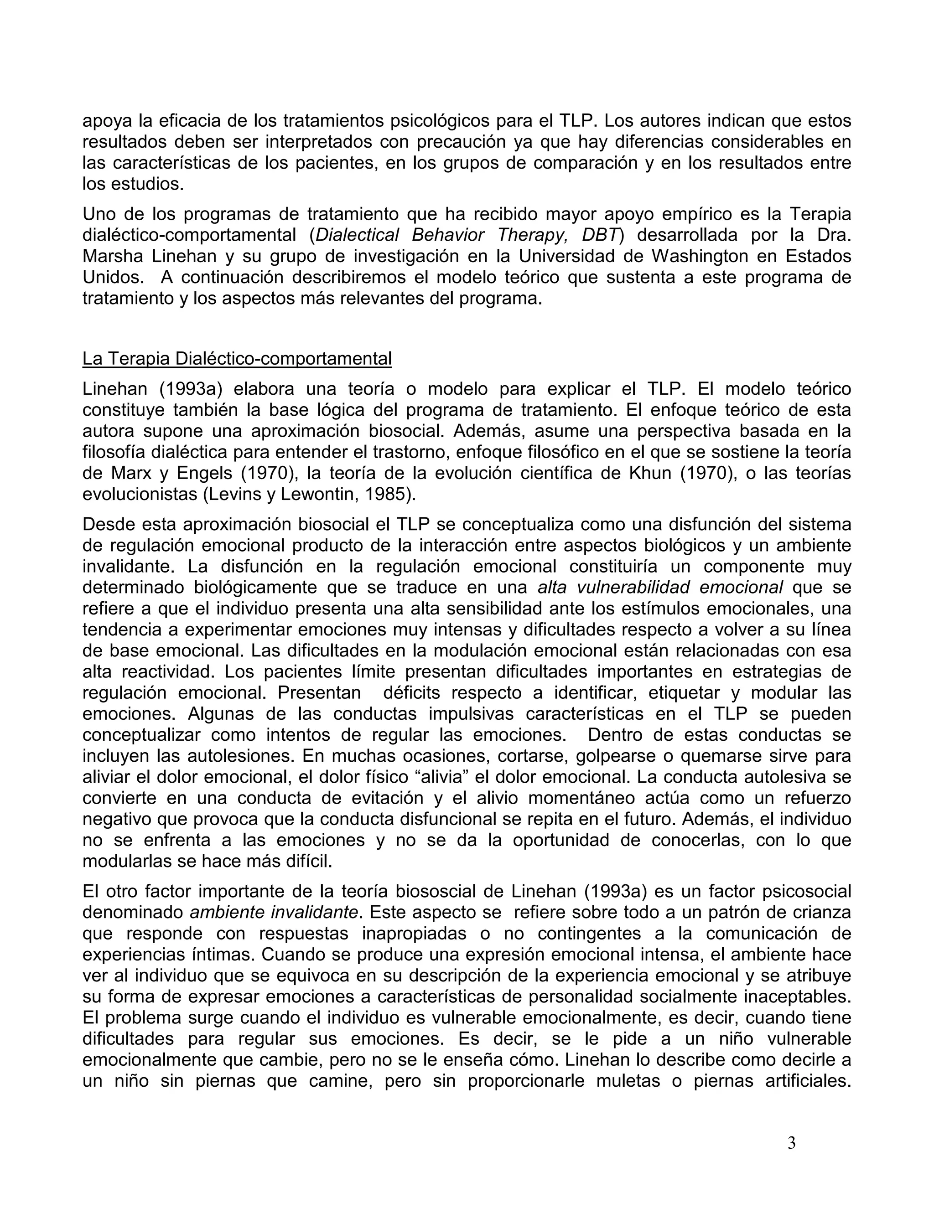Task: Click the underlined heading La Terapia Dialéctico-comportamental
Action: (x=237, y=359)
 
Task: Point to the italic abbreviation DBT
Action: (x=600, y=236)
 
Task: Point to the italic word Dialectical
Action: (x=357, y=236)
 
